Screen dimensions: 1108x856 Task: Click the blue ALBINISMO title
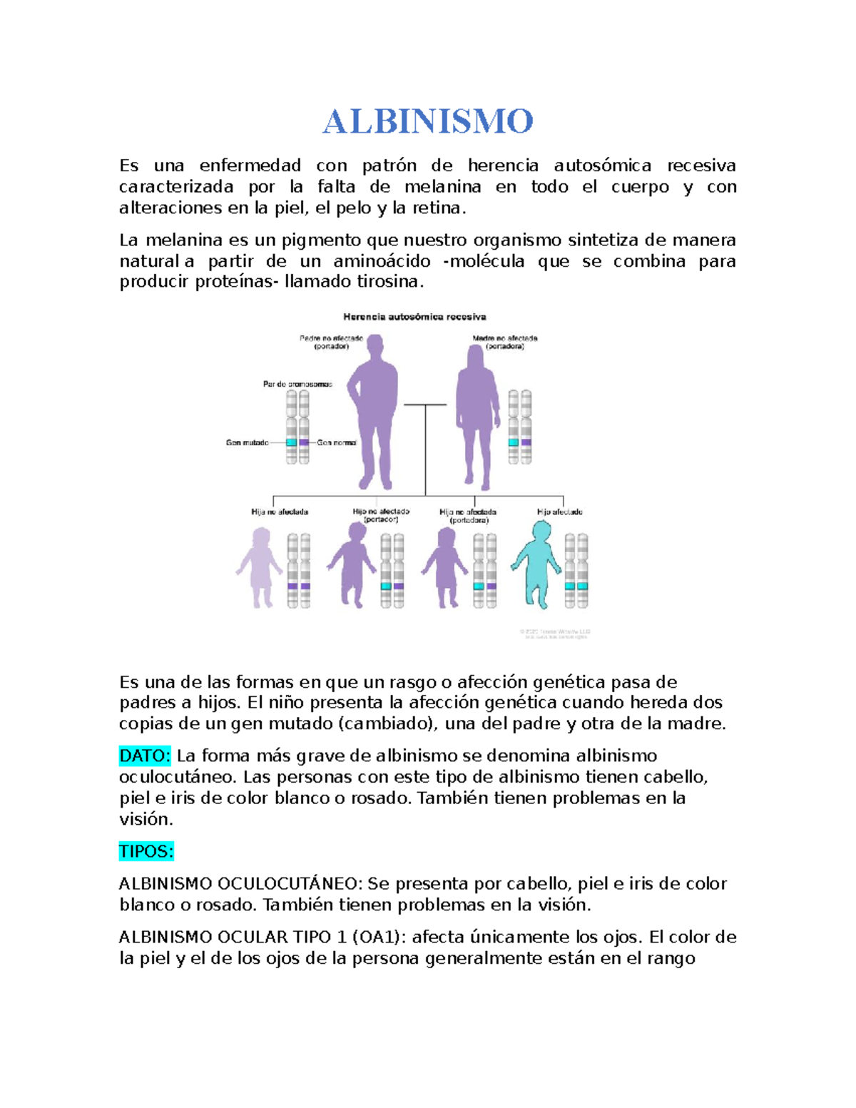tap(427, 122)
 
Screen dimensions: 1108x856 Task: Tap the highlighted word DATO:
tap(144, 756)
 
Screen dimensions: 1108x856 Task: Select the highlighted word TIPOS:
tap(146, 851)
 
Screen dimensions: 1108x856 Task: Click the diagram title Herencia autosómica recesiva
tap(414, 317)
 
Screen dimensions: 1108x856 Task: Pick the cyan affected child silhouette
tap(539, 564)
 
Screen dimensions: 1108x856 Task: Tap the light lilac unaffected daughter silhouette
tap(260, 567)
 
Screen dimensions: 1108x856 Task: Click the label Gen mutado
tap(247, 443)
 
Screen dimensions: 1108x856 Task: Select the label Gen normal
tap(337, 443)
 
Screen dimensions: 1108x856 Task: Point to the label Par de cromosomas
tap(297, 385)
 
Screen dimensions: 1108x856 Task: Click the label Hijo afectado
tap(559, 512)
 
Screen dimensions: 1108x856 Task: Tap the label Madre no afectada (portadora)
tap(505, 342)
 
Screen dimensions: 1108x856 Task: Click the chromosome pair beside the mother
tap(519, 427)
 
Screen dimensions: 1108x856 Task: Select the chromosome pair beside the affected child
tap(576, 571)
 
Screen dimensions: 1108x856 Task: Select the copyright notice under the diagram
tap(554, 634)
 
